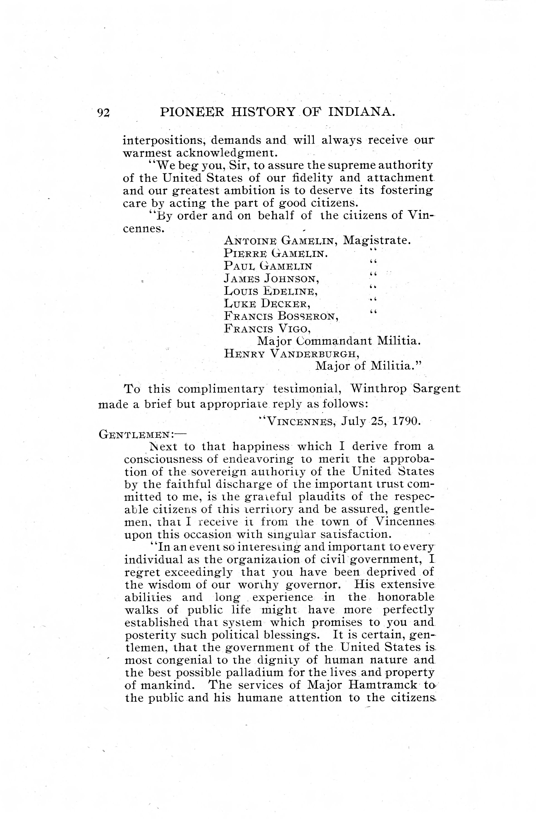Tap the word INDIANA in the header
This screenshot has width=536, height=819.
pos(361,112)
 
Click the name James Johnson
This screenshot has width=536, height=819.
pos(273,278)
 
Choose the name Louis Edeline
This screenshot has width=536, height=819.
pos(271,291)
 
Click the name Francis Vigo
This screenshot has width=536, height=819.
pos(268,329)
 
